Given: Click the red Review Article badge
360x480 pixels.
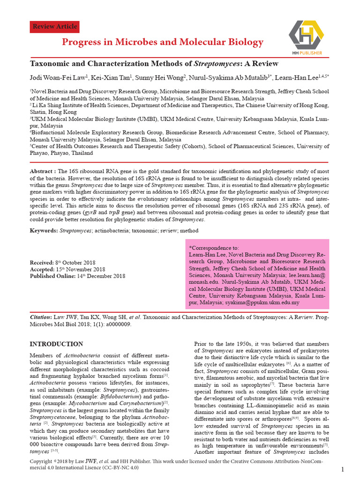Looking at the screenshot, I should (x=54, y=27).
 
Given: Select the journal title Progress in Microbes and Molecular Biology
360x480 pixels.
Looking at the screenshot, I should (x=163, y=43).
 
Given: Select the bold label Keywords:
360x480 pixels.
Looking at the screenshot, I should (x=44, y=231).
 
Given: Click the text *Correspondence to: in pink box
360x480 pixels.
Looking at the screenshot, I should (x=213, y=247).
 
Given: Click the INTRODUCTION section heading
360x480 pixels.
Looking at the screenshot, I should (x=56, y=344).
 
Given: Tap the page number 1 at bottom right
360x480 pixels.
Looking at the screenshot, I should (x=343, y=470).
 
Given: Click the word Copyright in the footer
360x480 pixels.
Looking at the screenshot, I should (x=42, y=462).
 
